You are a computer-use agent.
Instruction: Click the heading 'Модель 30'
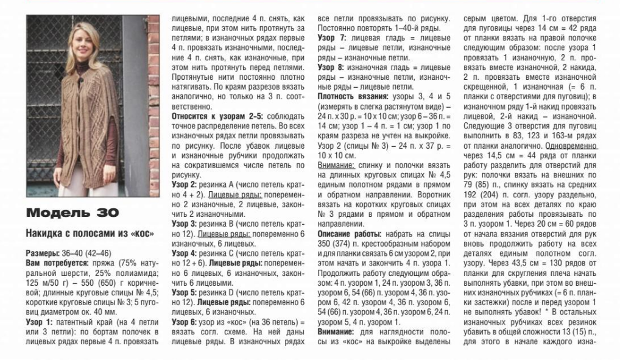(72, 213)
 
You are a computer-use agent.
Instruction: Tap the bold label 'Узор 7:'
(332, 38)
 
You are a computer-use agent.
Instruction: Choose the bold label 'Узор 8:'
(332, 67)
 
